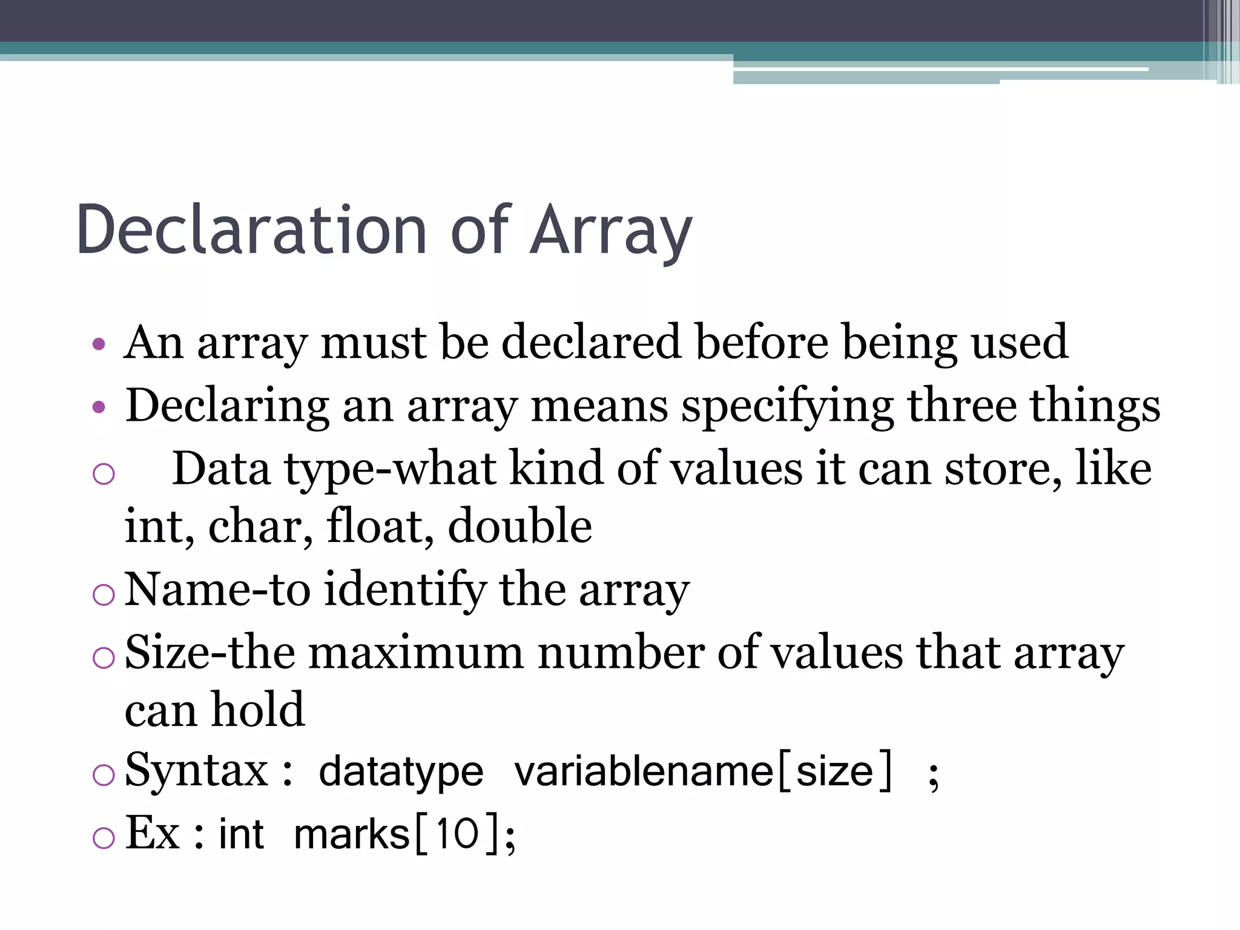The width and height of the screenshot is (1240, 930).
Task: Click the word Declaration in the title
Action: (251, 230)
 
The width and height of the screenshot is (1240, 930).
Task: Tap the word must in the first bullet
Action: (373, 343)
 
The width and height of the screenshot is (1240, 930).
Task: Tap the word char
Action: (260, 527)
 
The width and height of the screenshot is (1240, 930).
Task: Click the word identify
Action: (404, 590)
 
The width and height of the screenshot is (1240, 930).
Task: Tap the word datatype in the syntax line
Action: (401, 773)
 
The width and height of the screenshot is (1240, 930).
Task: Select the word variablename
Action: (644, 771)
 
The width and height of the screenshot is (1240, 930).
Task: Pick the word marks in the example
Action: (352, 834)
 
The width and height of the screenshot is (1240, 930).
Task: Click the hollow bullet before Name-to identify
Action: (104, 595)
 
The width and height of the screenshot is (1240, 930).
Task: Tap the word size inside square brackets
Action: (834, 771)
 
